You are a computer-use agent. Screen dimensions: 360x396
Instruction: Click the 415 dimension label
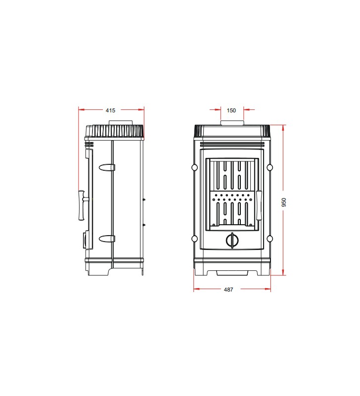[110, 110]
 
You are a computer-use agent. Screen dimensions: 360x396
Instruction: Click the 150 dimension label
[231, 110]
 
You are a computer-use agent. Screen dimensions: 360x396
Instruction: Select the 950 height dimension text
[284, 202]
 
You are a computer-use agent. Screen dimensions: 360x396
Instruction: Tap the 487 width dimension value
[228, 290]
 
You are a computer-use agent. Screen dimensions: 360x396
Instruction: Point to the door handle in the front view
[259, 205]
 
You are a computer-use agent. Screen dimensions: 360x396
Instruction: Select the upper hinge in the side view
[107, 167]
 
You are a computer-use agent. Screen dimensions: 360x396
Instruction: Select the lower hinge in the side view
[107, 239]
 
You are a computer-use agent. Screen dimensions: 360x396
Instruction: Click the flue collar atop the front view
[232, 123]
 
